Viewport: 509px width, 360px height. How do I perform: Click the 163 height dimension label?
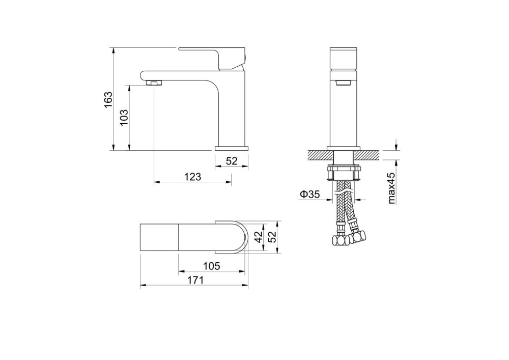pos(108,100)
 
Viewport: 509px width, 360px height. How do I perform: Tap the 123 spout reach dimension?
pos(193,177)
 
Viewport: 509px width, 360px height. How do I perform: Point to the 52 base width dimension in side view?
pos(232,161)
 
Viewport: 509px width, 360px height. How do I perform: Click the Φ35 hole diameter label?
pos(309,195)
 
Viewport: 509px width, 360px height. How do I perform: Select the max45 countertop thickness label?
pos(391,188)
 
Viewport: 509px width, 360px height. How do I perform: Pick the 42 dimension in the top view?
pos(259,237)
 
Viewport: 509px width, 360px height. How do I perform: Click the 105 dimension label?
pos(211,266)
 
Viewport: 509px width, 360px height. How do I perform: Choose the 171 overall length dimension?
pos(195,280)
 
